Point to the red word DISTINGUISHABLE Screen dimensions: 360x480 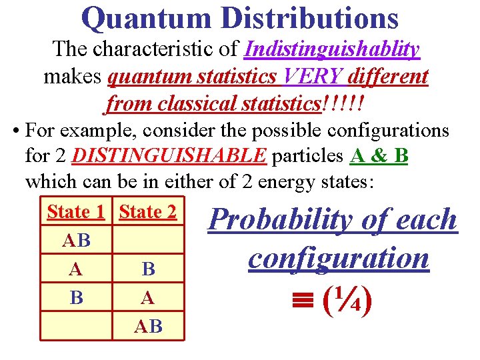click(x=169, y=157)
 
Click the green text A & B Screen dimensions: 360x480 click(x=379, y=157)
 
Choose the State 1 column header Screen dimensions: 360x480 click(x=76, y=212)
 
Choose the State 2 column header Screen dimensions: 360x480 click(x=148, y=212)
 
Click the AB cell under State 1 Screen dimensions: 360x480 click(x=76, y=241)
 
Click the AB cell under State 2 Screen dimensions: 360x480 click(x=148, y=326)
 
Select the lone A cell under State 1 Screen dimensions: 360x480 click(x=76, y=269)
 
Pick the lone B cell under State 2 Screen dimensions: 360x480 click(x=148, y=269)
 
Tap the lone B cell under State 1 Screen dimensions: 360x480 click(x=76, y=297)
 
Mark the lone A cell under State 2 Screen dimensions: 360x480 click(x=148, y=297)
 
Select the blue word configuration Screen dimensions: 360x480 click(x=339, y=257)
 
